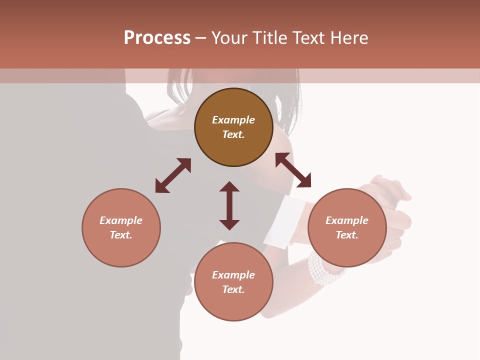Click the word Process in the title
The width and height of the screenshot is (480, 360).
[x=157, y=38]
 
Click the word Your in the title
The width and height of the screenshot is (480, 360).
[x=228, y=38]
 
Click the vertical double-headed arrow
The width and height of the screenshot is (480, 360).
[x=229, y=205]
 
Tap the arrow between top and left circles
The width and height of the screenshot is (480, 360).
[x=173, y=175]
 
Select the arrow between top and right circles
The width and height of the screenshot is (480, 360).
[x=293, y=170]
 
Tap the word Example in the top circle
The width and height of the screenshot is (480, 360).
[x=233, y=120]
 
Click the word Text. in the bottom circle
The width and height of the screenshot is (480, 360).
[x=233, y=289]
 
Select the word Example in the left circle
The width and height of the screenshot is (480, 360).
[x=121, y=220]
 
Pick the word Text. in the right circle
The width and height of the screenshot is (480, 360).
[x=347, y=235]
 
